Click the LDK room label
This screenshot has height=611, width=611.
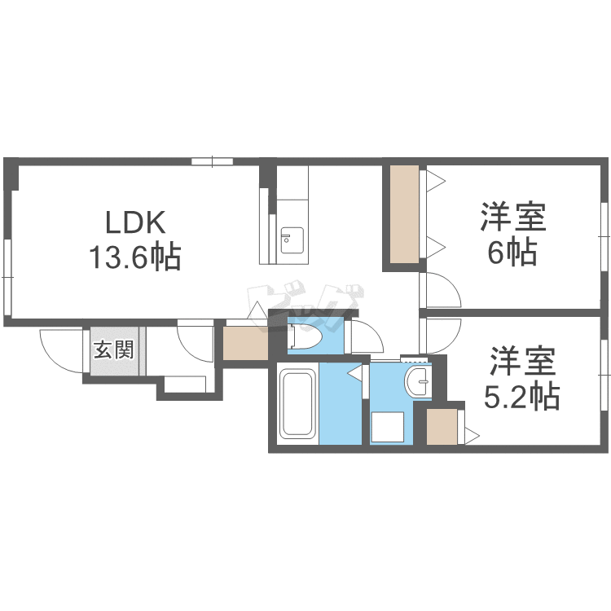tap(135, 222)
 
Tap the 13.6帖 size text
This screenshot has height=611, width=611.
tap(135, 257)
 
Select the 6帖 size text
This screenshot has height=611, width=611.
tap(512, 252)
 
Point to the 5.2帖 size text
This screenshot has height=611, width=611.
tap(522, 396)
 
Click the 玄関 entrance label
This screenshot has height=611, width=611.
tap(114, 349)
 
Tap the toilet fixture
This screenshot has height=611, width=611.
tap(305, 336)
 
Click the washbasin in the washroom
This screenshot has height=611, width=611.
tap(417, 381)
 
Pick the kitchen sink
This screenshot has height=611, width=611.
tap(292, 240)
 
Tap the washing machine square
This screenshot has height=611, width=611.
tap(388, 427)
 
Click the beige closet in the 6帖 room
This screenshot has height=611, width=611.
tap(404, 214)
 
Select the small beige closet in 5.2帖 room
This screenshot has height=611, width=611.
tap(442, 426)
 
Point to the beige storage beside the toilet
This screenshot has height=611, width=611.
tap(245, 343)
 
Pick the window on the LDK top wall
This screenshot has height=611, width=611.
tap(213, 161)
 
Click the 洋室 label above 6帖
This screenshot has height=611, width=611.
tap(512, 217)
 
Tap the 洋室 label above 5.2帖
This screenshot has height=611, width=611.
tap(522, 361)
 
